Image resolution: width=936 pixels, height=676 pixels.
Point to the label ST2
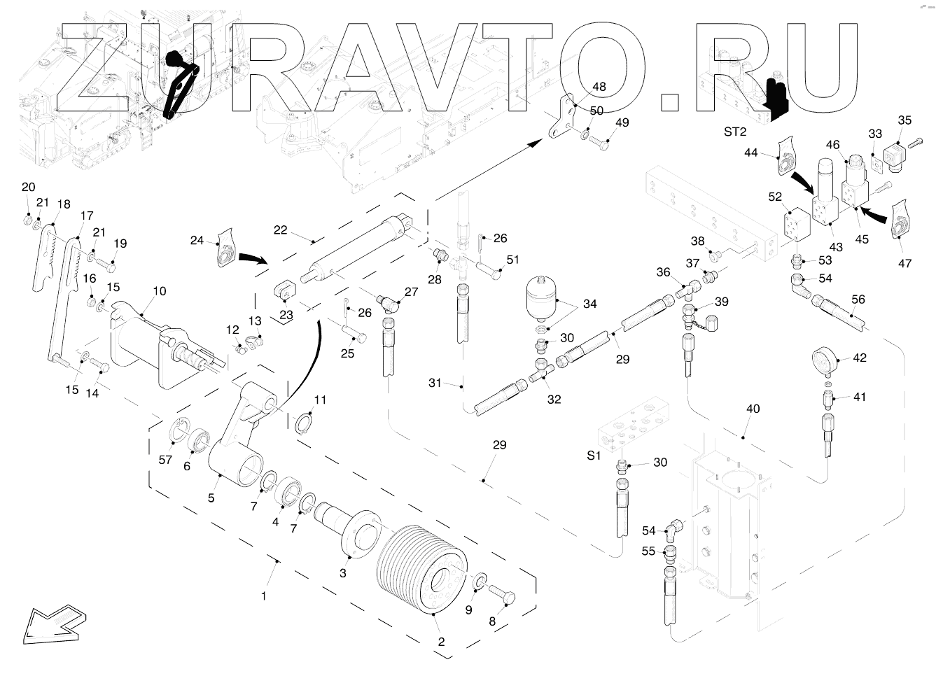point(735,132)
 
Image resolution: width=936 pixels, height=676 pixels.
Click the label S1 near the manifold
point(594,456)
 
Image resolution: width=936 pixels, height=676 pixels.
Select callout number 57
point(165,460)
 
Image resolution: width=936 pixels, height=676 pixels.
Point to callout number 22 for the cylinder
point(281,230)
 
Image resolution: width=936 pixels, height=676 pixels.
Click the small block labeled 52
point(797,224)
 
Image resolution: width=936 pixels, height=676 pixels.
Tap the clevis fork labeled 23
point(284,289)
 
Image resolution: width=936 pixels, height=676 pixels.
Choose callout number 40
point(753,409)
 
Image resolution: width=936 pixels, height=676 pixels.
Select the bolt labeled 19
point(105,265)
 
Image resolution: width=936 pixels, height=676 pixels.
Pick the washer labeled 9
point(480,582)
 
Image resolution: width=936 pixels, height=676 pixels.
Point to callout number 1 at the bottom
point(264,596)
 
